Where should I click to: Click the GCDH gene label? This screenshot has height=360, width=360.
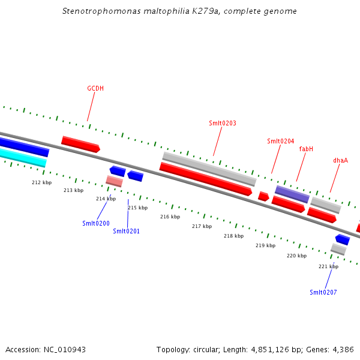95,89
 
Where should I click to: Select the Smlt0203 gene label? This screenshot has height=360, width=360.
222,124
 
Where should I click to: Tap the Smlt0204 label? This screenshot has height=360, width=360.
280,142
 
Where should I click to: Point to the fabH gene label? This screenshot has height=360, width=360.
306,149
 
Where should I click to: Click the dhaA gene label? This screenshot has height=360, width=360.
340,161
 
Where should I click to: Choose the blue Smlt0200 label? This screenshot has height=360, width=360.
96,223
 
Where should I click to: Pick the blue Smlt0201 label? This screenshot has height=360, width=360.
126,231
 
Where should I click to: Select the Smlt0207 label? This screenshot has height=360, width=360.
323,292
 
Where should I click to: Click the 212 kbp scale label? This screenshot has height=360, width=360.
41,182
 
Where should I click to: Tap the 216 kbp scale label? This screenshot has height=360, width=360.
170,217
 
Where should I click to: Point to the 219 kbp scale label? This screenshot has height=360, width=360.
265,245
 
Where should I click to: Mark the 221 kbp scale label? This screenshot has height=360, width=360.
328,266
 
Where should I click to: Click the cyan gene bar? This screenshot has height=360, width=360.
23,157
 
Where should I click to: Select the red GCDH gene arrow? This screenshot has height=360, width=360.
80,144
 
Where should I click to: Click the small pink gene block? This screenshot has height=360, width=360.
114,181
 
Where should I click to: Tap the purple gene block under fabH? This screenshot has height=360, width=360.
292,194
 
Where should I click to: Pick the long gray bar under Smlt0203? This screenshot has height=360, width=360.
209,169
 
